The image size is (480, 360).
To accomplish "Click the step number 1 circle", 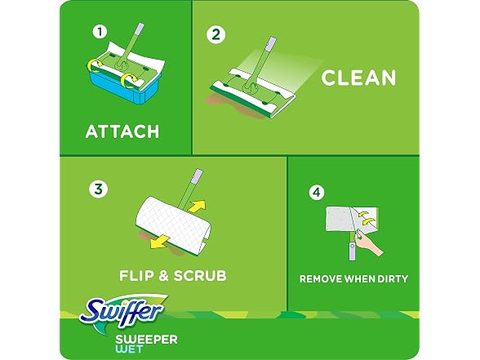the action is click(100, 32).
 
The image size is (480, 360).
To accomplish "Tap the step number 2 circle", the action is click(216, 34).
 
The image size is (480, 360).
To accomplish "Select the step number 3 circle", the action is click(98, 189).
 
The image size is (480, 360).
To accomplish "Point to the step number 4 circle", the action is click(317, 193).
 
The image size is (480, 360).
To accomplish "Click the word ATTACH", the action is click(122, 131).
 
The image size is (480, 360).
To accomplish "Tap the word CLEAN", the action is click(358, 78).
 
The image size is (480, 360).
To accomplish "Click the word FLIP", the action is click(136, 275).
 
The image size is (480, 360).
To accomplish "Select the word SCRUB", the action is click(200, 275).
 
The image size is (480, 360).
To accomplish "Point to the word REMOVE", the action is click(321, 279).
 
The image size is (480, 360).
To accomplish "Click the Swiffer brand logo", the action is click(122, 311).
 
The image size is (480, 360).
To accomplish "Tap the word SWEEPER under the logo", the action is click(146, 340).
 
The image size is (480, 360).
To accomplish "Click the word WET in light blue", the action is click(129, 349).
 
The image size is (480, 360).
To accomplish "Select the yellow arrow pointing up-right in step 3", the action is click(197, 206).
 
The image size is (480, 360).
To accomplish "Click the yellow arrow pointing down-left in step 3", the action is click(160, 241).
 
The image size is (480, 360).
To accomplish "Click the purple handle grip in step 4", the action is click(353, 251).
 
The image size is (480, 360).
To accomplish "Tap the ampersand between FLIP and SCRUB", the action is click(164, 276).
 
